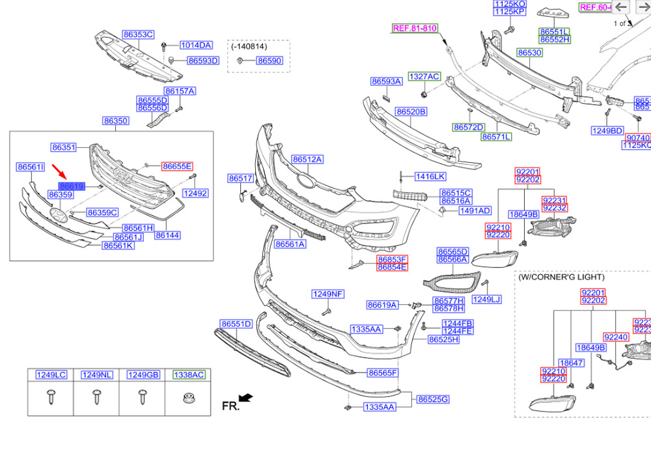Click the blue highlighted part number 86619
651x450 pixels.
(72, 186)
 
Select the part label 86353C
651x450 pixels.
(138, 34)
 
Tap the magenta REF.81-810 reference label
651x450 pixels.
(415, 28)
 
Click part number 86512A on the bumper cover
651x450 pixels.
(307, 159)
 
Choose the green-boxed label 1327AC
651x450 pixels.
(424, 76)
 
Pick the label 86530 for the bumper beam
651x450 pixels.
(529, 52)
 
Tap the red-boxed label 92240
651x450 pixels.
(616, 337)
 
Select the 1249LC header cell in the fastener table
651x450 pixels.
(51, 374)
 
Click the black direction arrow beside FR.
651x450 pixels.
(246, 398)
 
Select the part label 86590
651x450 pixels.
(269, 60)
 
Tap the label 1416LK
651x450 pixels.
(431, 176)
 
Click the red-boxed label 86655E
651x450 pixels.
(177, 166)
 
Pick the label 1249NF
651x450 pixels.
(327, 294)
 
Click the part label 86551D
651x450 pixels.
(236, 324)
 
